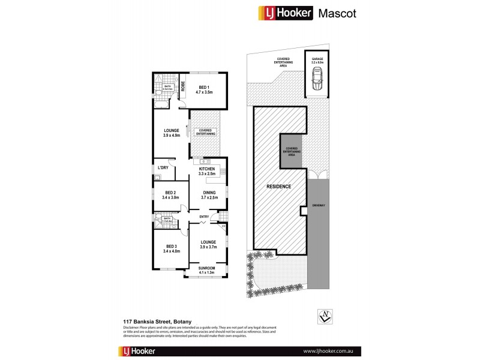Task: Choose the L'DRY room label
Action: (x=163, y=167)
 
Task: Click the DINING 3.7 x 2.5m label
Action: (x=208, y=195)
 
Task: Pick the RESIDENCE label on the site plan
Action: (x=279, y=187)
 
